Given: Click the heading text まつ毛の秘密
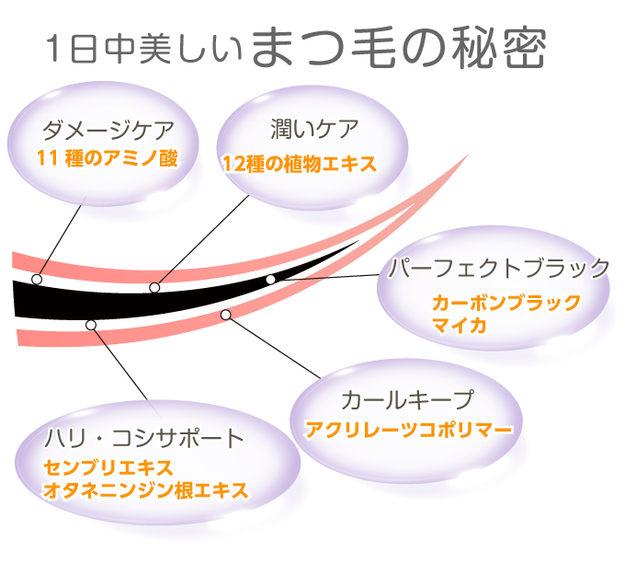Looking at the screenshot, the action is coord(399,47).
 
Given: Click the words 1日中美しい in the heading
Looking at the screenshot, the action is coord(144,50).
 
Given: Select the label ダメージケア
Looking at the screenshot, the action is coord(108,130).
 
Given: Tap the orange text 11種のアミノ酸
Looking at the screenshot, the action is coord(108,158).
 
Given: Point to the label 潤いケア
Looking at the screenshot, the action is coord(314,129).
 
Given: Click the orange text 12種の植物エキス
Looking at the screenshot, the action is coord(300,164).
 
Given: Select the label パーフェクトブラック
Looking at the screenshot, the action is coord(499,268).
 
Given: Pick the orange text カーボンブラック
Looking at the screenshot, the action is coord(506,303).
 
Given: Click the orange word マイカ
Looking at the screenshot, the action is coord(460,326).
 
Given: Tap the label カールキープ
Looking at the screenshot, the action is coord(408,399).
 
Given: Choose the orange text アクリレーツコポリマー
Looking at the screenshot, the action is coord(409,430).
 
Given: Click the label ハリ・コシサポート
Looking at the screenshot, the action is coord(144,438).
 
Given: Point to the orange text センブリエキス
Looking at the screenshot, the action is coord(108,467).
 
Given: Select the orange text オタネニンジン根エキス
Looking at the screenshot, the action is coord(145,490).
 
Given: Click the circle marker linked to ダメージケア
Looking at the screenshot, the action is coord(37,279).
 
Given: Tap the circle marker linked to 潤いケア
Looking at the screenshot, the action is coord(154,287).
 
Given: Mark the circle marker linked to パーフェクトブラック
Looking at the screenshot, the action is coord(270,279).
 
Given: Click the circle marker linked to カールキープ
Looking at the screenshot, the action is coord(226,315).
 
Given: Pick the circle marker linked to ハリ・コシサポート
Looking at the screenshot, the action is coord(91,325).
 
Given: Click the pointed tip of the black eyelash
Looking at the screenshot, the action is coord(358,241).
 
